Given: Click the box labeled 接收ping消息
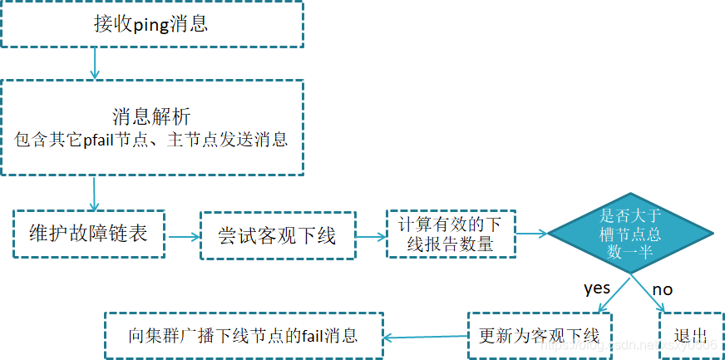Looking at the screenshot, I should tap(151, 23).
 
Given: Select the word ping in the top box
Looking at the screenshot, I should tap(150, 24).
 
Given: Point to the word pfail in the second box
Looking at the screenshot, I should tap(101, 139).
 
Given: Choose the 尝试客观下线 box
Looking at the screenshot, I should tap(278, 235).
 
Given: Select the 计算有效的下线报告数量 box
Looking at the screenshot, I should tap(451, 234).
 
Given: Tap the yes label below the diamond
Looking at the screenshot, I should tap(597, 288).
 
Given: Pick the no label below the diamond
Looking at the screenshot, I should tap(662, 289).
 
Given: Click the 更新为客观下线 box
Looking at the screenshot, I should tap(539, 336).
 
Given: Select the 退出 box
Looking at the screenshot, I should tap(690, 336).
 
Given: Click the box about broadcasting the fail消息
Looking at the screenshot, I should tap(243, 336).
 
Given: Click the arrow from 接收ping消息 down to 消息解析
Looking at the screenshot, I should tap(95, 63).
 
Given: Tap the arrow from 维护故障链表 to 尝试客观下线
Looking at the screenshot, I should tap(183, 236).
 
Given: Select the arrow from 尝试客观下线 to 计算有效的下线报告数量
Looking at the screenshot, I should tap(371, 236).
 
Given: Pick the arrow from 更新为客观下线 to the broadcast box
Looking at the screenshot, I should tap(425, 337).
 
